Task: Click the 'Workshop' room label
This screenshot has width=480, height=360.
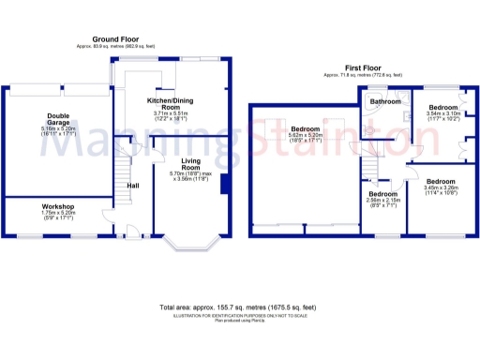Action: [57, 205]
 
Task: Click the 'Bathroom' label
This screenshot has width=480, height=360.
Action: [385, 100]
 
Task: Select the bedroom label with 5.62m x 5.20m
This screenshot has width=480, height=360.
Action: [306, 128]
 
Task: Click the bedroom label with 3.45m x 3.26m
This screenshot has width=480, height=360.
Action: [439, 180]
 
